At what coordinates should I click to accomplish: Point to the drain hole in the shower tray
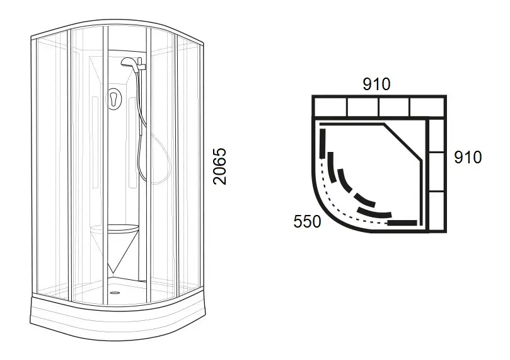[113, 293]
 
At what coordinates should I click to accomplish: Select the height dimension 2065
[219, 166]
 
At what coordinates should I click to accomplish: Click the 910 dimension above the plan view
[376, 84]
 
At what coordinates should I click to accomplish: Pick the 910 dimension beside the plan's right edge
[468, 157]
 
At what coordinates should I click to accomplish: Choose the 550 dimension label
[307, 221]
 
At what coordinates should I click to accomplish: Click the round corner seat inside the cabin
[114, 229]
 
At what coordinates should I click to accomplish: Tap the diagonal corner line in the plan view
[403, 142]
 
